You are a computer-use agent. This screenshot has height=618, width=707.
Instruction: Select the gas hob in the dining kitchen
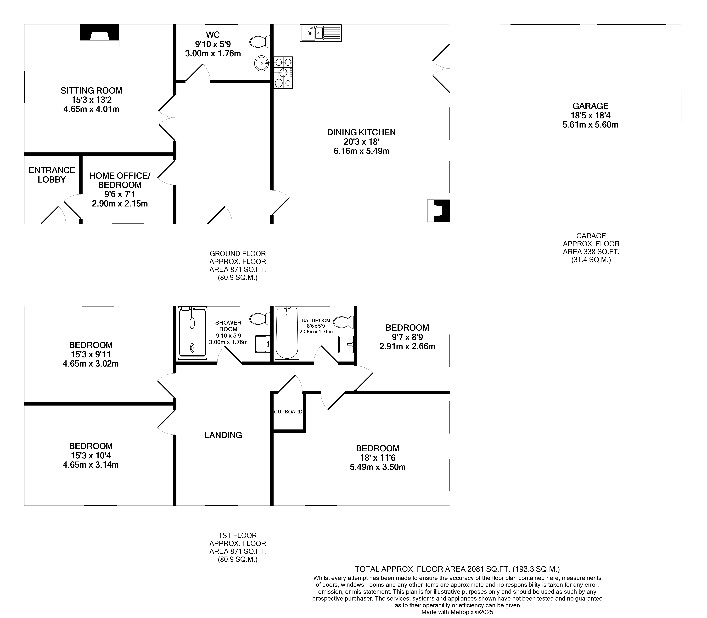(x=283, y=72)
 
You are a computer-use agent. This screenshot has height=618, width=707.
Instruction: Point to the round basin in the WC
(x=262, y=63)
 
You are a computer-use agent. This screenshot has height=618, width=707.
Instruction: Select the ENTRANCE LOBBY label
(x=52, y=175)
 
